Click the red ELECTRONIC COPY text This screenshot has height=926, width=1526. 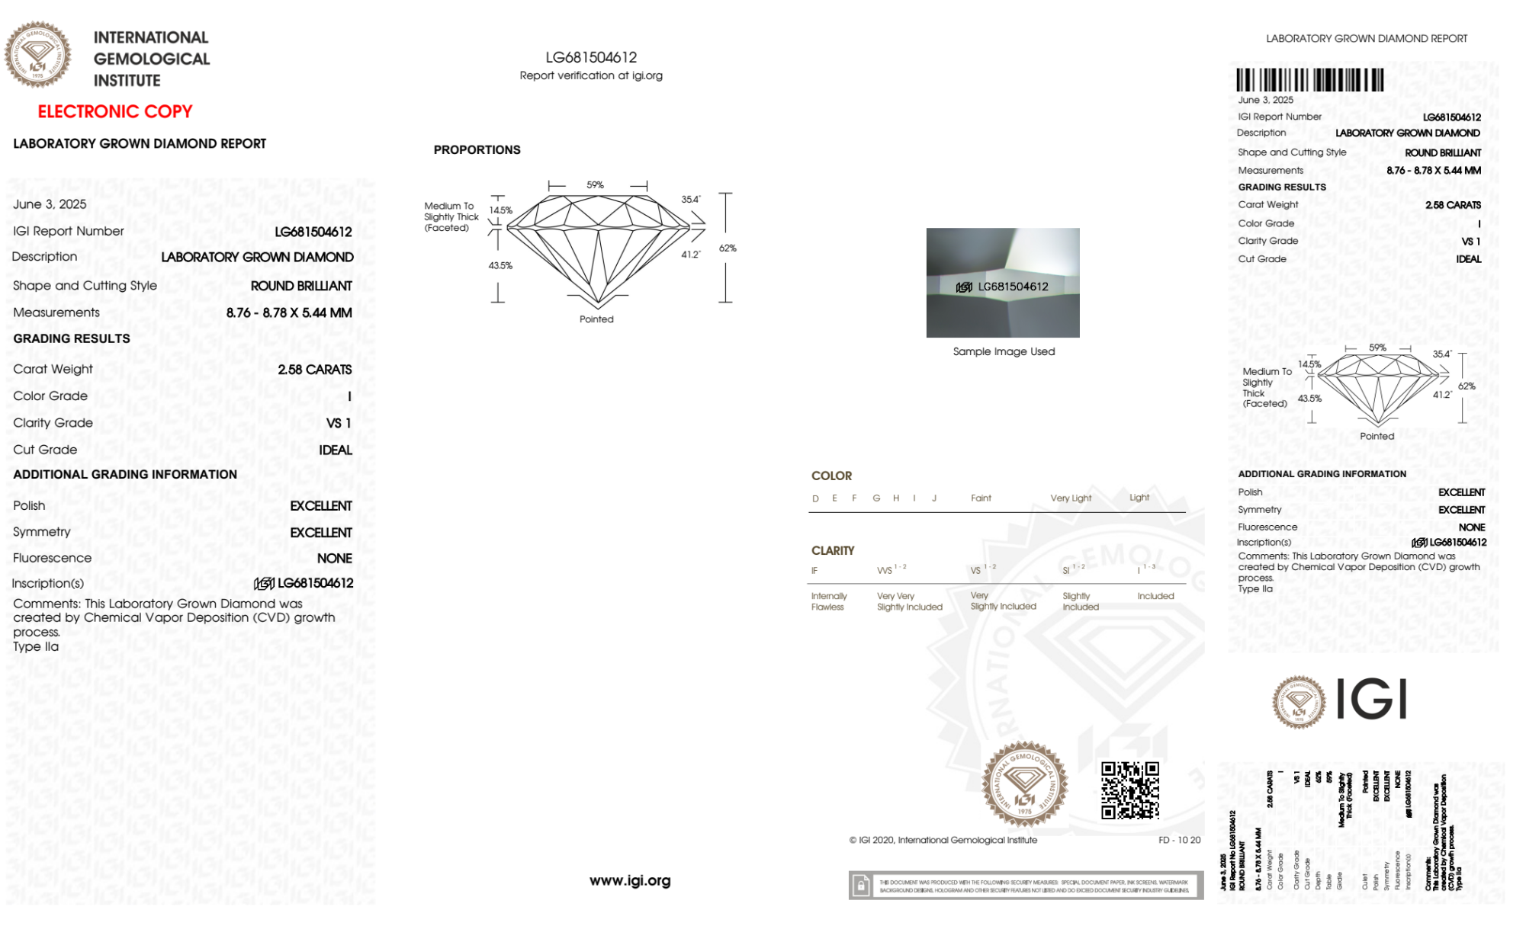tap(115, 111)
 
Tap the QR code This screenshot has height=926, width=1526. tap(1129, 790)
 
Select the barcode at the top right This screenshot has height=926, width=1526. tap(1309, 80)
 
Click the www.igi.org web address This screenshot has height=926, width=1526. tap(630, 880)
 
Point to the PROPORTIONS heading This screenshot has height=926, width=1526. tap(477, 150)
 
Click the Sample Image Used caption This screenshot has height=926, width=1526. tap(1004, 351)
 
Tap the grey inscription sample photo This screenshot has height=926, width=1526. tap(1003, 282)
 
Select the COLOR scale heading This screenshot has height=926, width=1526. tap(831, 476)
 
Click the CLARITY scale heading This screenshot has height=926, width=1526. tap(833, 550)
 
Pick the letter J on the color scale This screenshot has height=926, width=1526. tap(934, 498)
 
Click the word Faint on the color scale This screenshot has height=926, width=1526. tap(981, 498)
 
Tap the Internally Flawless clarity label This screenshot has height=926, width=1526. tap(828, 601)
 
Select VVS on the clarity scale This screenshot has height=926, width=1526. tap(885, 570)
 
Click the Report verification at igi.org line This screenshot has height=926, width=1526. tap(591, 75)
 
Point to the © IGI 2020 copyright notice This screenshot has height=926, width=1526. tap(943, 840)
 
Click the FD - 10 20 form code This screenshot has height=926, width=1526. tap(1179, 840)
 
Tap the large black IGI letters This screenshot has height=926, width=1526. tap(1371, 700)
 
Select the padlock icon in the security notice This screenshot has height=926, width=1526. tap(861, 886)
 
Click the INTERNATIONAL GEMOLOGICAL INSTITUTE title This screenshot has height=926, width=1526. tap(151, 59)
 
